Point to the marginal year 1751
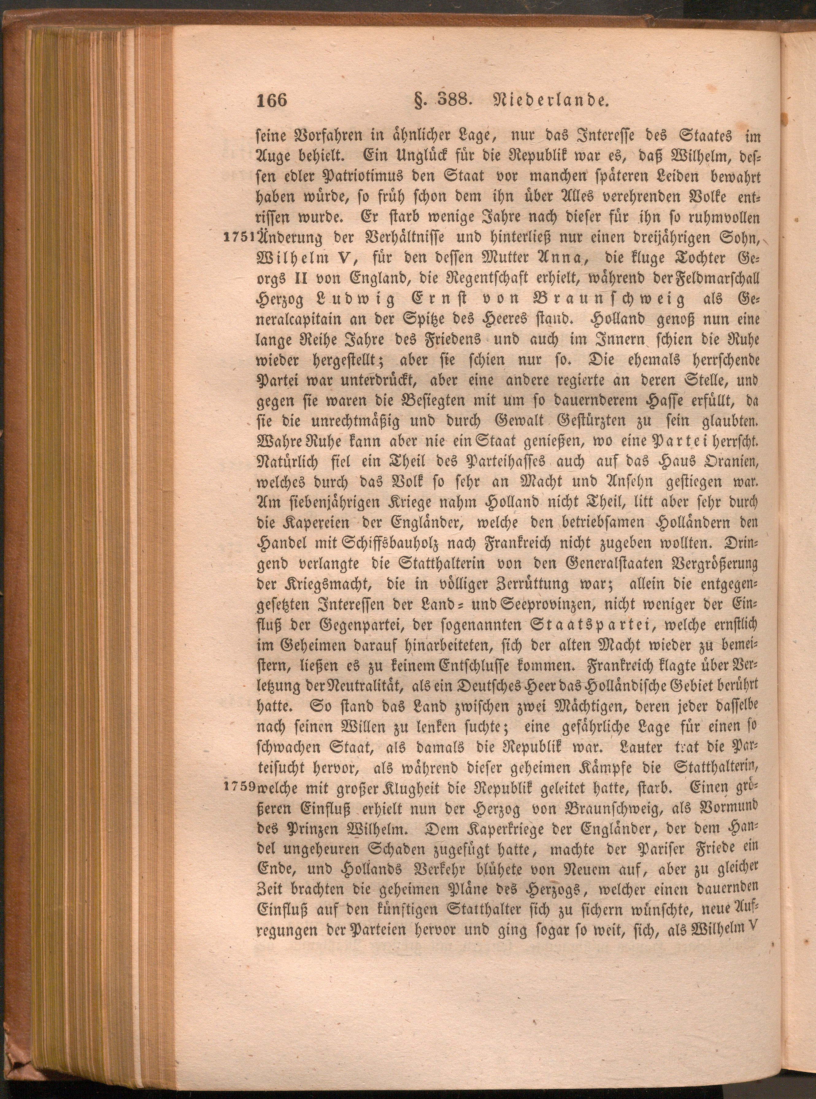[x=239, y=237]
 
